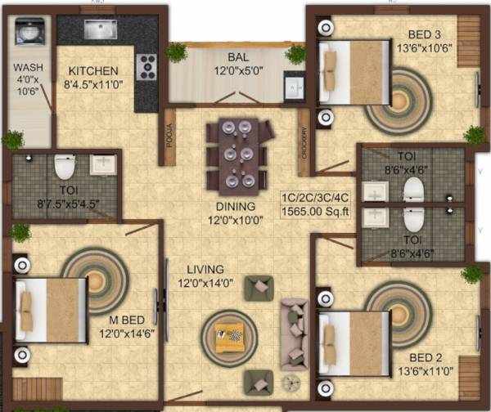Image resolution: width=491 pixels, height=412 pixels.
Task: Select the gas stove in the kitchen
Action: point(146,66)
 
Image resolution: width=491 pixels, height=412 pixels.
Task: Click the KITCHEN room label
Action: point(93,71)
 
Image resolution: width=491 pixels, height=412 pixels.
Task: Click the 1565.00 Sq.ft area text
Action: point(316,212)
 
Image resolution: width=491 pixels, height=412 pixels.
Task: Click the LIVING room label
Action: point(205,269)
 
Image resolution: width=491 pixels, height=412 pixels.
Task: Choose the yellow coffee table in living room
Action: point(227,334)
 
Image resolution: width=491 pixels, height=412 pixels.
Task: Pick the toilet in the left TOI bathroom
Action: point(65,168)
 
